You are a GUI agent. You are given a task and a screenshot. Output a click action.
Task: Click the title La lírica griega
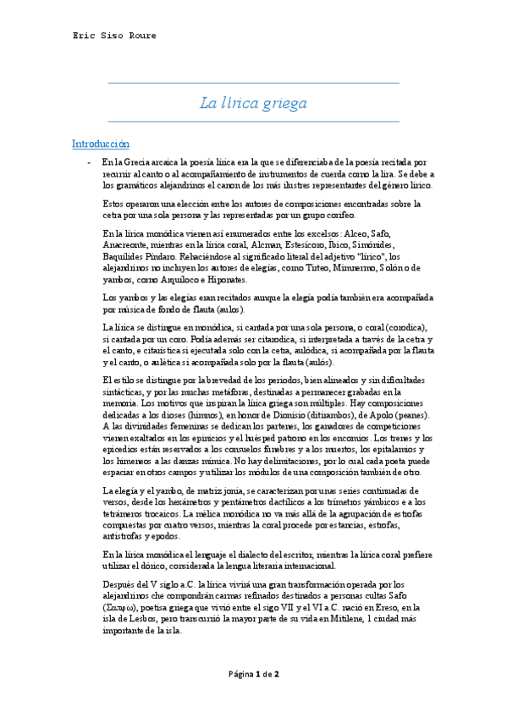(253, 104)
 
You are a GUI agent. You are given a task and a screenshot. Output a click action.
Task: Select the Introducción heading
(101, 145)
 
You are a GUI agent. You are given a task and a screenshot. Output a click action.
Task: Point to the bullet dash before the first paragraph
(87, 161)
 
